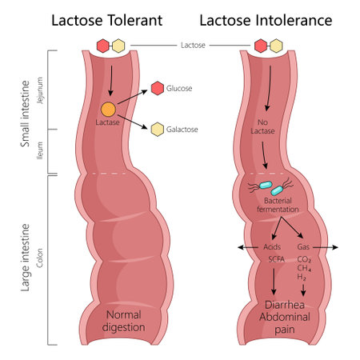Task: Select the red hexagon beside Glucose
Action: (157, 87)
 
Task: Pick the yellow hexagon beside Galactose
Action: (158, 129)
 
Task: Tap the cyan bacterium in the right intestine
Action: (277, 190)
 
